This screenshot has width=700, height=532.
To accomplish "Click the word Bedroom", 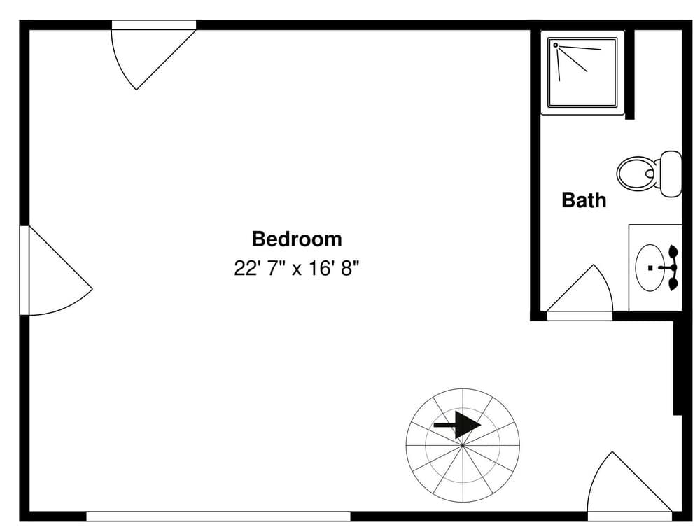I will coord(297,239).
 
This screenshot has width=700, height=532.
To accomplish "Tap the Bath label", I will coord(584,200).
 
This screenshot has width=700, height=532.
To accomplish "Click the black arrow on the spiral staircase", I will coord(458,425).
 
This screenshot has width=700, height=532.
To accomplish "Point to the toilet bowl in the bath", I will coord(635,172).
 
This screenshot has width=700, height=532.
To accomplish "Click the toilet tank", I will coord(671,173).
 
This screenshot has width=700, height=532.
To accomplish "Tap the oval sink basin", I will coord(650,267).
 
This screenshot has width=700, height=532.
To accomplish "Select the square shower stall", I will coord(583,73).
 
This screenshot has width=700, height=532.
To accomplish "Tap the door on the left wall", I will coord(52,273).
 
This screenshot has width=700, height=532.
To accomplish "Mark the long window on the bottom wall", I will coord(218,517).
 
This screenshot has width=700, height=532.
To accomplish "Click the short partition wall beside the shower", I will coord(629,73).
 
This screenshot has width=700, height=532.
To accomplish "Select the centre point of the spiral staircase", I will coord(463,444).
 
